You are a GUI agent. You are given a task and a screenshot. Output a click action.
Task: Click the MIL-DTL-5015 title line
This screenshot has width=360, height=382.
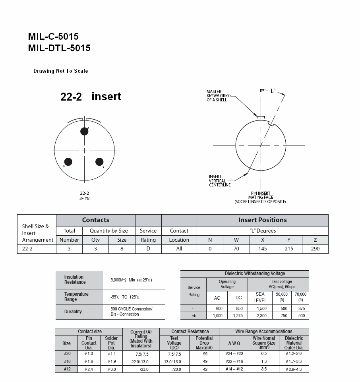[x=59, y=48]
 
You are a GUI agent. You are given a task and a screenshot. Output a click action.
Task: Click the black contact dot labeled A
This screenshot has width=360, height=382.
[x=84, y=131]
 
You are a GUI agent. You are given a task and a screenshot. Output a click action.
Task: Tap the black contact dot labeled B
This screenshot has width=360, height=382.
[x=99, y=162]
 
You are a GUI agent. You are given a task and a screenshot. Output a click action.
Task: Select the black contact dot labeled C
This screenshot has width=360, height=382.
[x=68, y=162]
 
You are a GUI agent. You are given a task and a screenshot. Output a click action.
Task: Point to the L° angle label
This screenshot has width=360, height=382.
[x=273, y=91]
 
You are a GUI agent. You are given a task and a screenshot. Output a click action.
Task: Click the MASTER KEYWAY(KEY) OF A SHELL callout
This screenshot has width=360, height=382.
[x=217, y=95]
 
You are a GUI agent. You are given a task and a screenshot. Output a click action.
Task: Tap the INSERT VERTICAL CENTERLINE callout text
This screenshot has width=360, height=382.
[x=220, y=181]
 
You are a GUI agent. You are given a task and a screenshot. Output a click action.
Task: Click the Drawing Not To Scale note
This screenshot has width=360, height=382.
[x=61, y=71]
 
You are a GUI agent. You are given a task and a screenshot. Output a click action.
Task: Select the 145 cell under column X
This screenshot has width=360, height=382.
[x=263, y=249]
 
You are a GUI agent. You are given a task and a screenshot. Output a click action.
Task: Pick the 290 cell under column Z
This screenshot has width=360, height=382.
[x=315, y=249]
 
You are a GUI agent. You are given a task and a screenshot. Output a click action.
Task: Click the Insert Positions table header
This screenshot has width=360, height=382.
[x=262, y=220]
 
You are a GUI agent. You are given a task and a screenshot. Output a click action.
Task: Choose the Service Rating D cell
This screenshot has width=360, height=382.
[x=148, y=249]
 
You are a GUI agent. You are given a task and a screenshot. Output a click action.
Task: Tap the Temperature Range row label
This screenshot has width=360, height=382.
[x=76, y=297]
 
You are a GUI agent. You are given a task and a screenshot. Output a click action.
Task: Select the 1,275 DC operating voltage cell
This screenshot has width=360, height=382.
[x=238, y=316]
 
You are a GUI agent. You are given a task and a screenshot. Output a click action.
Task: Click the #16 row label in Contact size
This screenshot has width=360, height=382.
[x=67, y=362]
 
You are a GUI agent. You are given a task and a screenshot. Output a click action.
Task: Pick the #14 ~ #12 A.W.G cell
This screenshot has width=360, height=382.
[x=234, y=369]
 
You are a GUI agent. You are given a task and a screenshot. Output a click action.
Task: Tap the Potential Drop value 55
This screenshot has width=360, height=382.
[x=205, y=354]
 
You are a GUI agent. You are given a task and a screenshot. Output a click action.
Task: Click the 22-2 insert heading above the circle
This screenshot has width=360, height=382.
[x=91, y=97]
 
